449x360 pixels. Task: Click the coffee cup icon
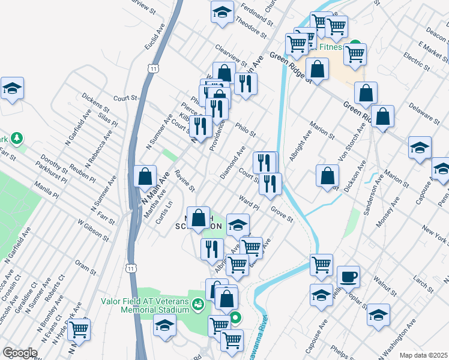click(348, 277)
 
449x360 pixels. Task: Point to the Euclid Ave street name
click(154, 37)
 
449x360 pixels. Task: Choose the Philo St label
click(246, 129)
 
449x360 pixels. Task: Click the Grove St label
click(281, 214)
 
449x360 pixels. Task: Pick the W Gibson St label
click(94, 230)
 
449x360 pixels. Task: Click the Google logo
click(20, 353)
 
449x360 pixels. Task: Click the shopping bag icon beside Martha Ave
click(145, 176)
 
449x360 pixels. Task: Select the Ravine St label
click(185, 180)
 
